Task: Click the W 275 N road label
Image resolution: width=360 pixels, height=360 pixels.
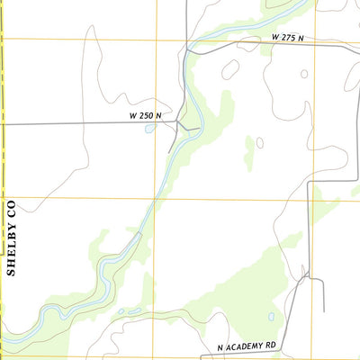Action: coord(287,39)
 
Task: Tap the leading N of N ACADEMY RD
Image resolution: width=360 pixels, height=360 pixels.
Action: coord(220,346)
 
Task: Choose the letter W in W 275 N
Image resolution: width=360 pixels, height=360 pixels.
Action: coord(274,39)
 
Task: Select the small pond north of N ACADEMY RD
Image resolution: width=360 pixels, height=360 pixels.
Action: coord(270,316)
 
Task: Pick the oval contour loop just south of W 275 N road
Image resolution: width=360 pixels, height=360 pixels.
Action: coord(230,68)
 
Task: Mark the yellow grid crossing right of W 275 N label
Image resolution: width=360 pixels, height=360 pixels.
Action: coord(314,40)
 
